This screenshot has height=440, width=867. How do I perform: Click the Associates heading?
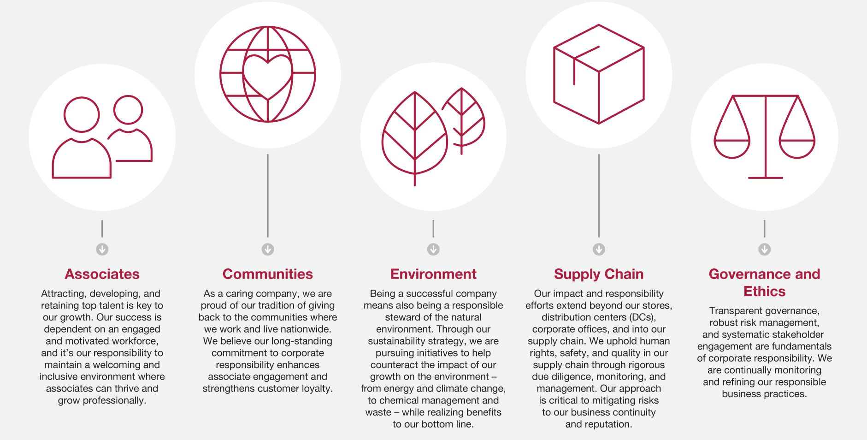click(x=102, y=274)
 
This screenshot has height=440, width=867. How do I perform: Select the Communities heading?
click(x=267, y=274)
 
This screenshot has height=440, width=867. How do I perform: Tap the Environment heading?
click(x=433, y=274)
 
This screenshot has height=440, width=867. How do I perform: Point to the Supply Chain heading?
click(x=598, y=274)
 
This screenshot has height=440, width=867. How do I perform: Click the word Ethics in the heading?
click(x=764, y=291)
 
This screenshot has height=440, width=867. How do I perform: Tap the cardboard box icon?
click(x=598, y=74)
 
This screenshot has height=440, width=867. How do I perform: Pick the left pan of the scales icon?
click(x=732, y=148)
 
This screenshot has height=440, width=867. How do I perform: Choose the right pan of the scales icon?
click(x=797, y=148)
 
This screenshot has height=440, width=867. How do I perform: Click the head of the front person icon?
click(x=82, y=115)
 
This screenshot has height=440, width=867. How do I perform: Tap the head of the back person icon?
click(x=128, y=110)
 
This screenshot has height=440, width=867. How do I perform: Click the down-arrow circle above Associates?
click(x=102, y=250)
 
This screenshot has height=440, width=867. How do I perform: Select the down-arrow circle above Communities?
click(x=267, y=250)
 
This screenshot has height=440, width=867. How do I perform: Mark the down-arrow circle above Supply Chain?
click(x=598, y=250)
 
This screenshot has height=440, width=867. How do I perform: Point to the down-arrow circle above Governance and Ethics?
click(x=764, y=250)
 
